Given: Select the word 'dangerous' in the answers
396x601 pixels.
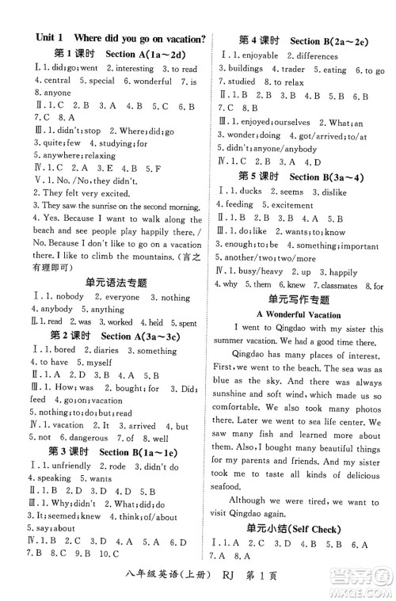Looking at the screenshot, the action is pyautogui.click(x=82, y=437).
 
